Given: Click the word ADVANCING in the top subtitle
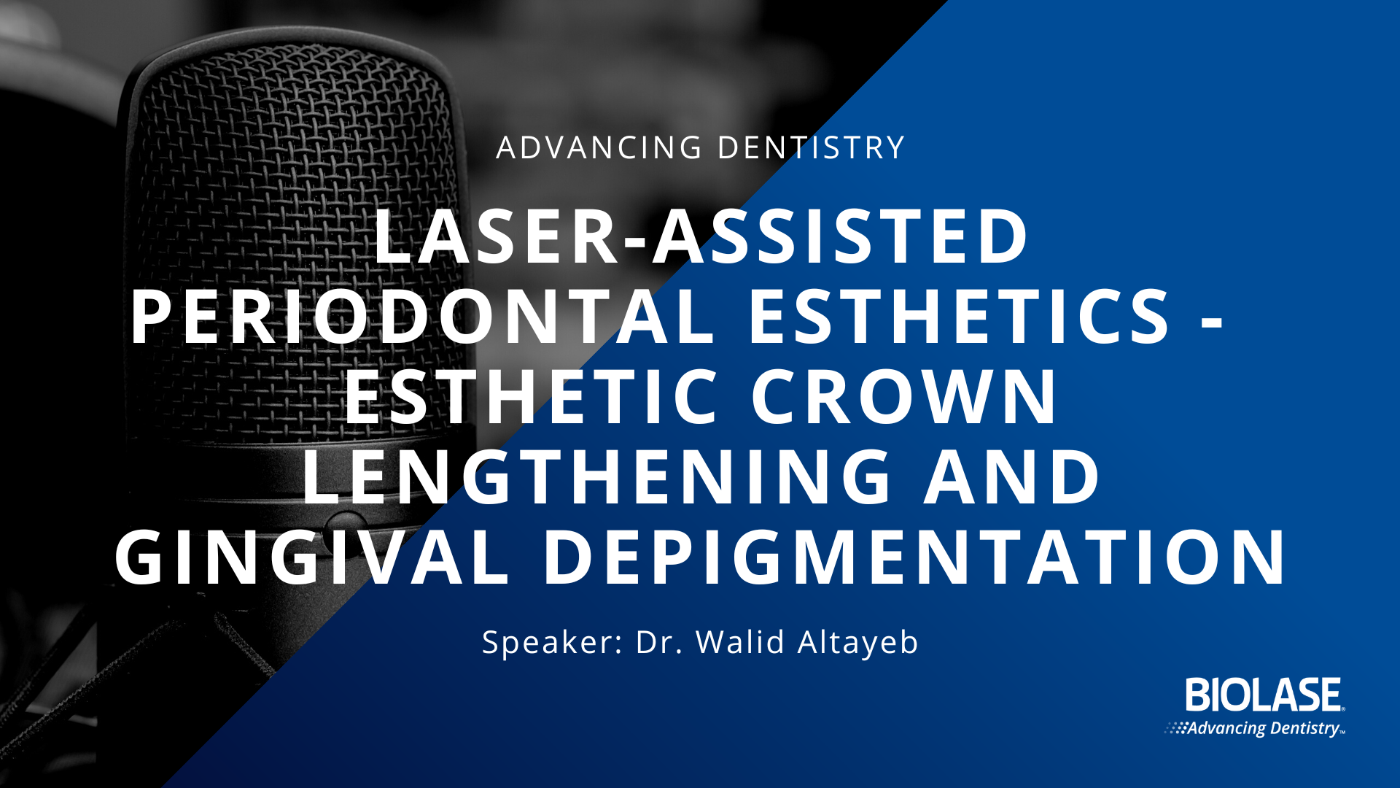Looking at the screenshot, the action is pos(599,147).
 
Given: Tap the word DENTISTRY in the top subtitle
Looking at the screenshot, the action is pos(811,147).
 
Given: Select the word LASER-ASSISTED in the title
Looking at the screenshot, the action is pos(701,236).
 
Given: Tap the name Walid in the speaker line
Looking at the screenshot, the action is pos(740,642).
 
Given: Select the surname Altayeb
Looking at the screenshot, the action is pos(858,643).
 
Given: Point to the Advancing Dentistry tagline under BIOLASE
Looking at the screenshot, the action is pos(1265,728).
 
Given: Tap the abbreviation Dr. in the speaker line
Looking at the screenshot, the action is pos(659,642).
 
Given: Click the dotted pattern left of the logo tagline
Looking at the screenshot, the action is pos(1176,727).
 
